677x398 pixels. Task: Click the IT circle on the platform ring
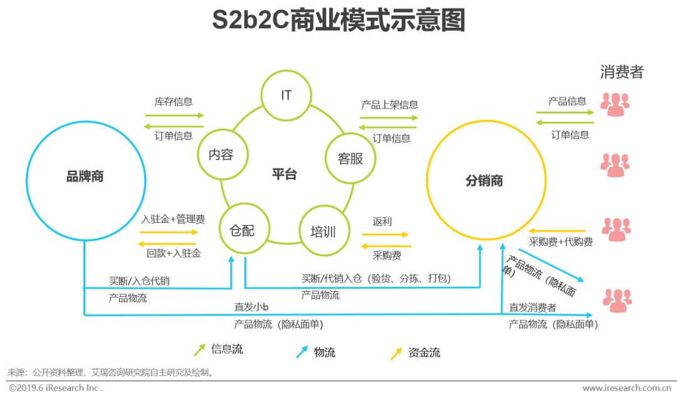coord(286,95)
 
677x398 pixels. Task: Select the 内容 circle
coord(221,154)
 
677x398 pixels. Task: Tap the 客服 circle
coord(350,158)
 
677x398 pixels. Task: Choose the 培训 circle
coord(323,232)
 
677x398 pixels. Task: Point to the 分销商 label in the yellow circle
coord(484,181)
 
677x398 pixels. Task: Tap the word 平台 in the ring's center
coord(284,175)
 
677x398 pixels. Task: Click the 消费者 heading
coord(621,72)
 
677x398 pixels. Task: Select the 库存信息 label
coord(174,102)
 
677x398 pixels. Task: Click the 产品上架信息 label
coord(389,104)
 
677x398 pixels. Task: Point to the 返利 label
coord(382,221)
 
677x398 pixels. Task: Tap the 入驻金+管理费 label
coord(173,219)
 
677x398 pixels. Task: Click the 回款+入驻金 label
coord(173,254)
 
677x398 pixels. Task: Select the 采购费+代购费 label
coord(561,242)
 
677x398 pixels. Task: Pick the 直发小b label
coord(251,307)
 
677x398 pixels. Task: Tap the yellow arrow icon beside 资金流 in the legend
coord(396,353)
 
